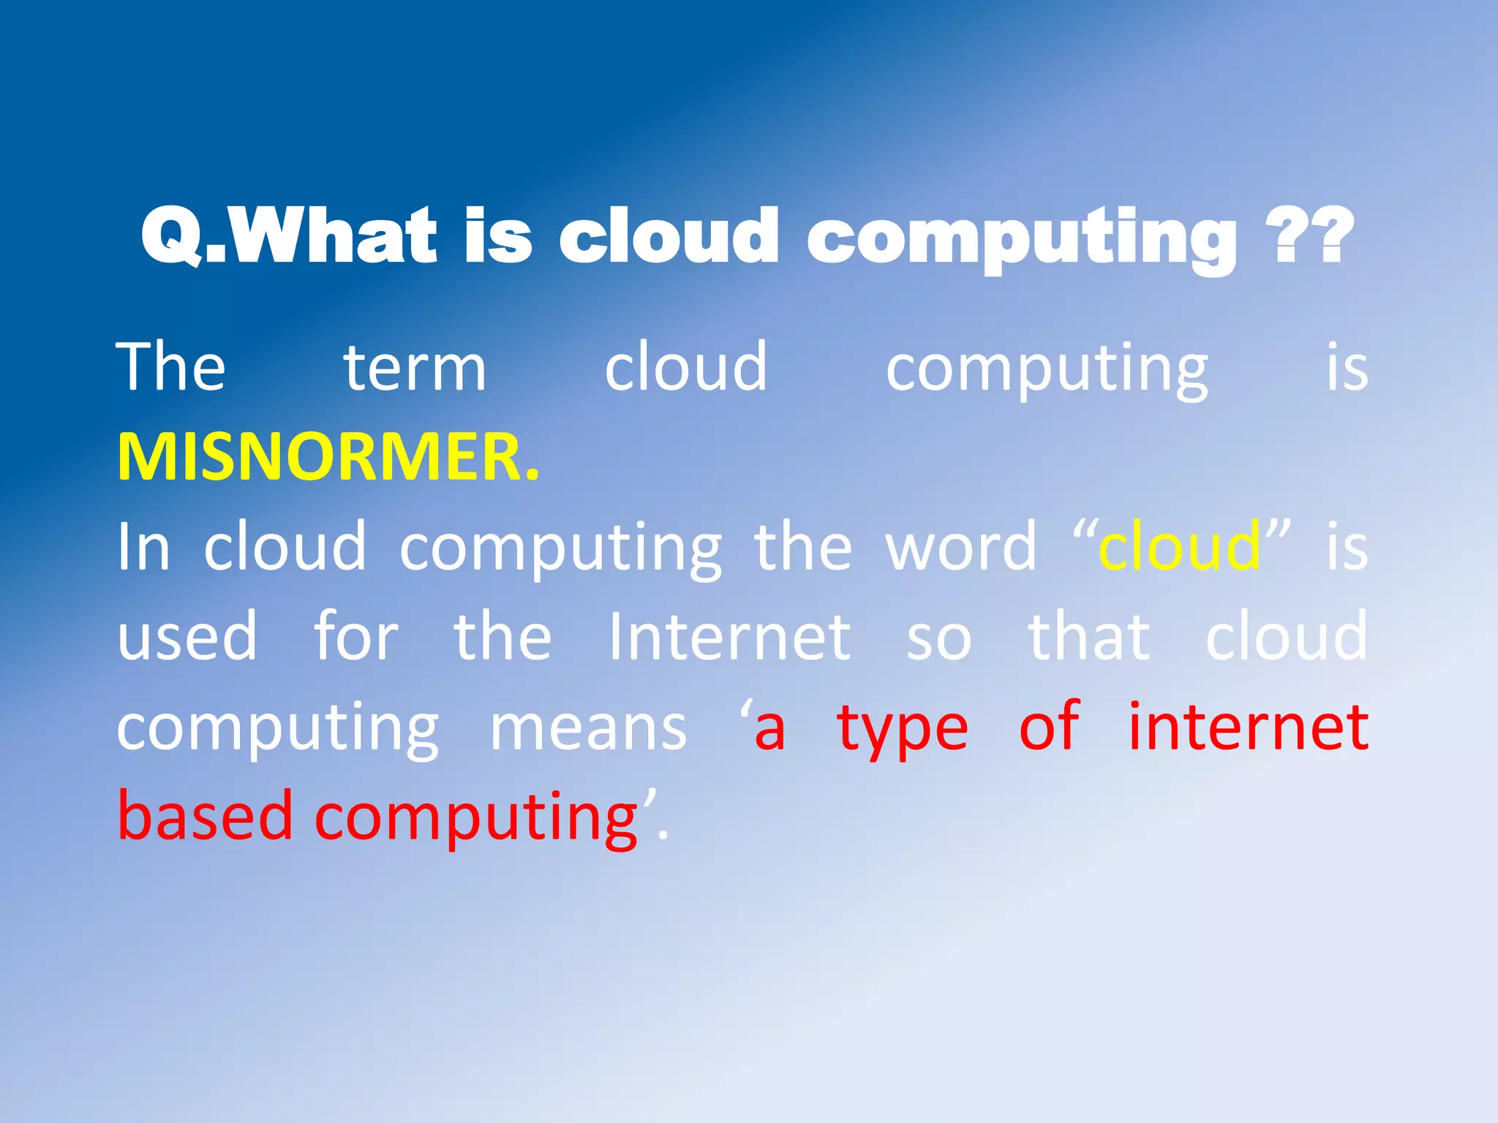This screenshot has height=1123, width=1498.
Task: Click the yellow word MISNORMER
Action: (328, 457)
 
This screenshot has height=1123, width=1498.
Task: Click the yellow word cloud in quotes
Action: (1179, 547)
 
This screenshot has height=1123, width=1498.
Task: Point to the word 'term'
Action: (415, 368)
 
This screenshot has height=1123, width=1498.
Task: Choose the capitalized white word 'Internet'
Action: (730, 637)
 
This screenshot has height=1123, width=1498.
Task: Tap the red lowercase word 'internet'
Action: (1248, 727)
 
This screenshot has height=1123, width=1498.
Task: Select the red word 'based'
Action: (206, 816)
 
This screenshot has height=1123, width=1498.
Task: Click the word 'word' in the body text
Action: (961, 547)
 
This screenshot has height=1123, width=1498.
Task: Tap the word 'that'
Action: (1089, 637)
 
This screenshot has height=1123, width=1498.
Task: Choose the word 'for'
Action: (356, 635)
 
